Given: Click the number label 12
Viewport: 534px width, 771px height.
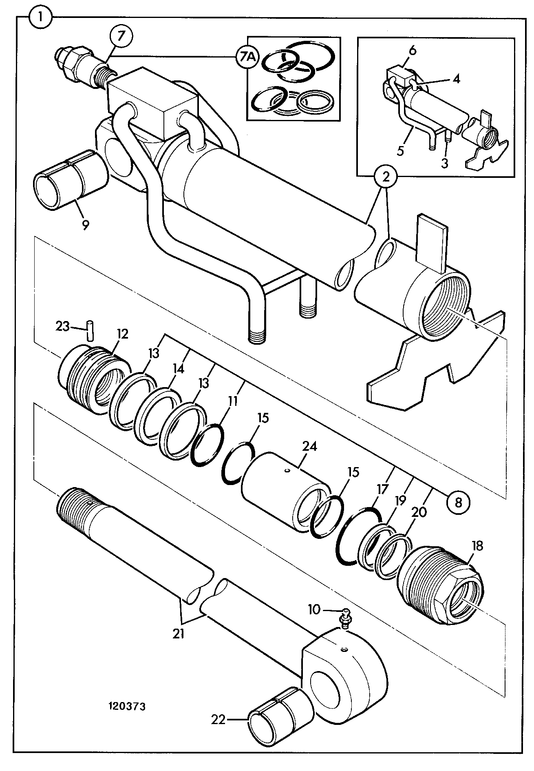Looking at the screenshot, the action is coord(122,334).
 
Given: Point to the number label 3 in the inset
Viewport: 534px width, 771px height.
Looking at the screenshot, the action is coord(444,163).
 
